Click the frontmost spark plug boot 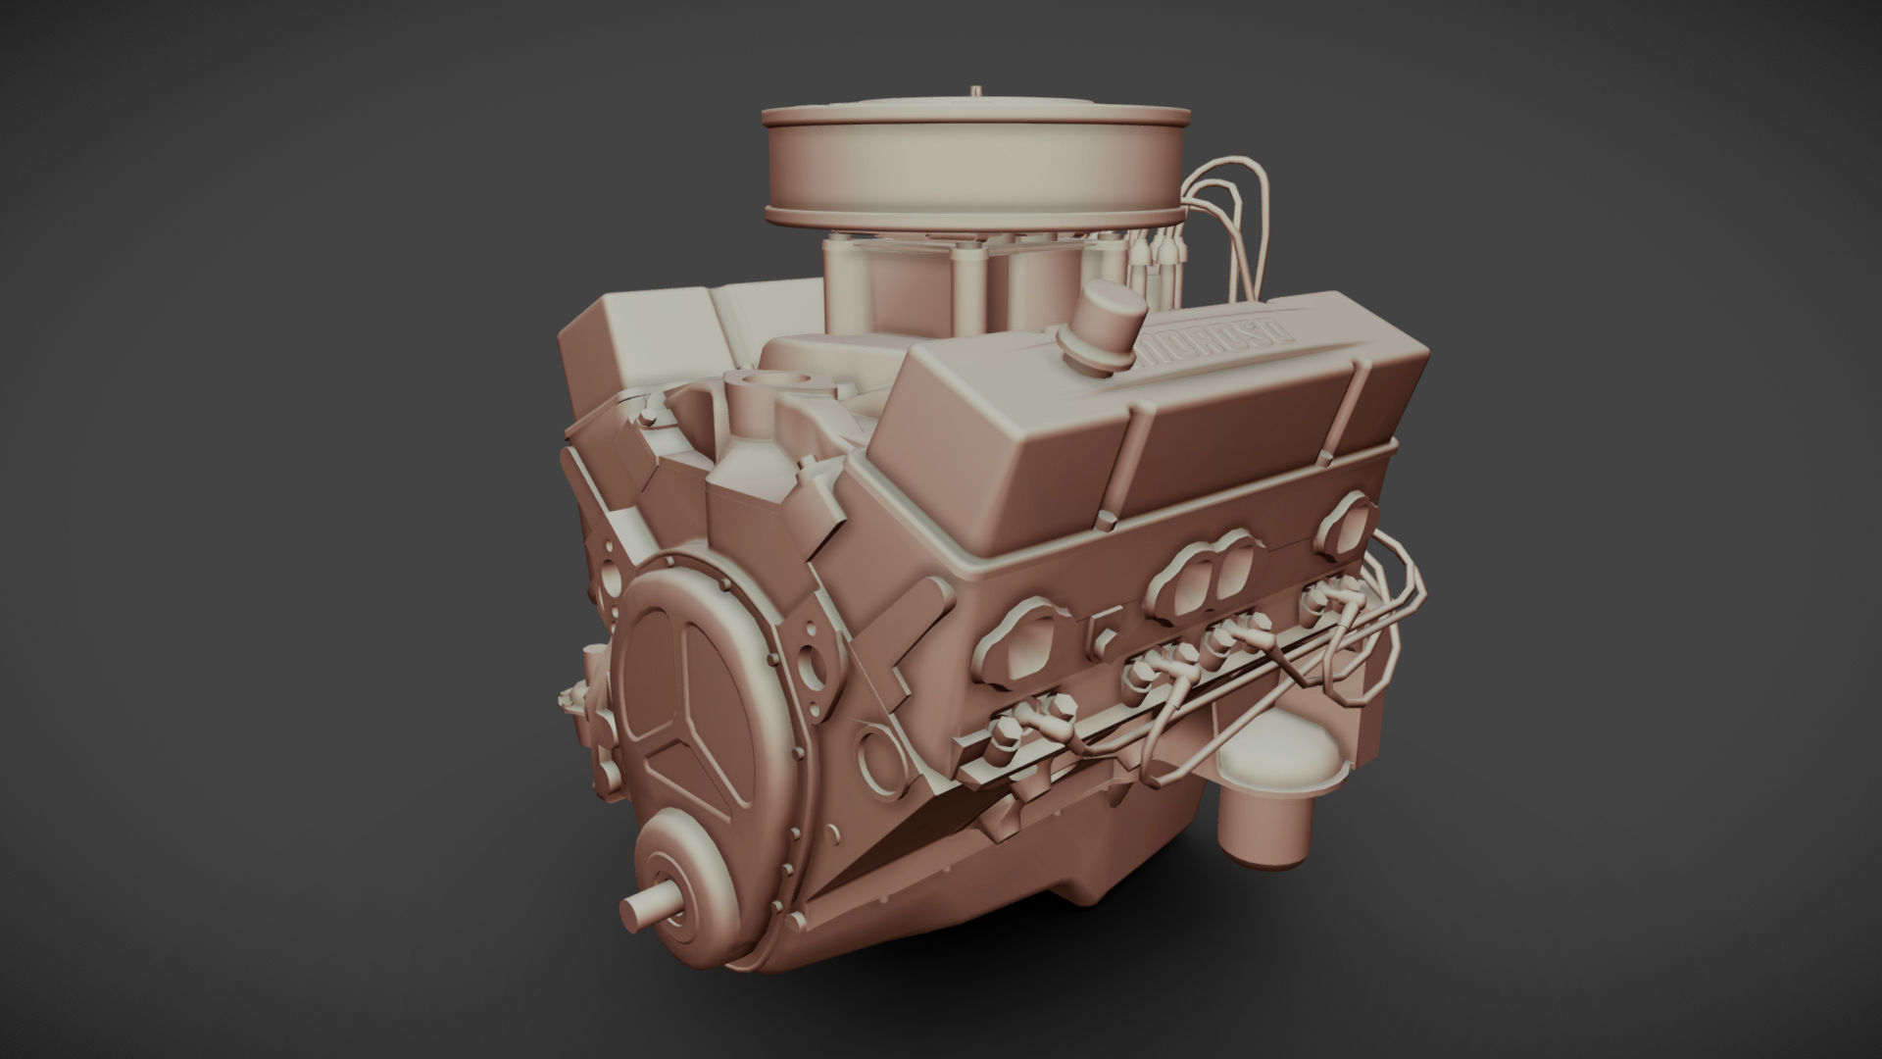tap(1010, 731)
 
